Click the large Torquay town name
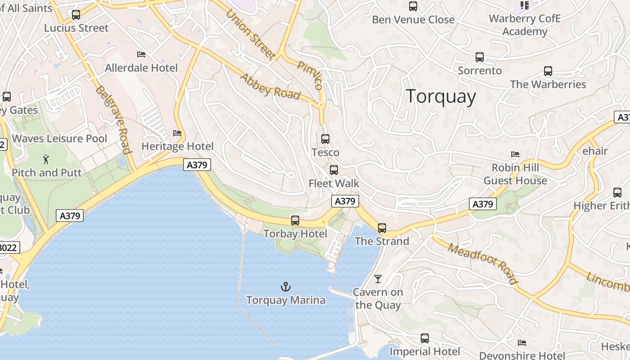[441, 97]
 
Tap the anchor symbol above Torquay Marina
[286, 287]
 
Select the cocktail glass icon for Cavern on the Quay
[378, 279]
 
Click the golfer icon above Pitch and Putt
[46, 159]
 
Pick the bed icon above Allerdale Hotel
[141, 54]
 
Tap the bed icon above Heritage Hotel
[177, 133]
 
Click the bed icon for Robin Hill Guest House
[515, 154]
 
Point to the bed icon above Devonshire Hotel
[522, 343]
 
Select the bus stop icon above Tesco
[325, 139]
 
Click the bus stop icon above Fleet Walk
[334, 170]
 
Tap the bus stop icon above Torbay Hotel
[295, 220]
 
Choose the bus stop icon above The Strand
[382, 228]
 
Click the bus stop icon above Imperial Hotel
[425, 338]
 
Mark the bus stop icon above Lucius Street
[76, 15]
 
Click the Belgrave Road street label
[113, 120]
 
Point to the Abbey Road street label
[270, 86]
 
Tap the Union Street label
[251, 34]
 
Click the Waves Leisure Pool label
[60, 139]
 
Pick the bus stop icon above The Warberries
[548, 71]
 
